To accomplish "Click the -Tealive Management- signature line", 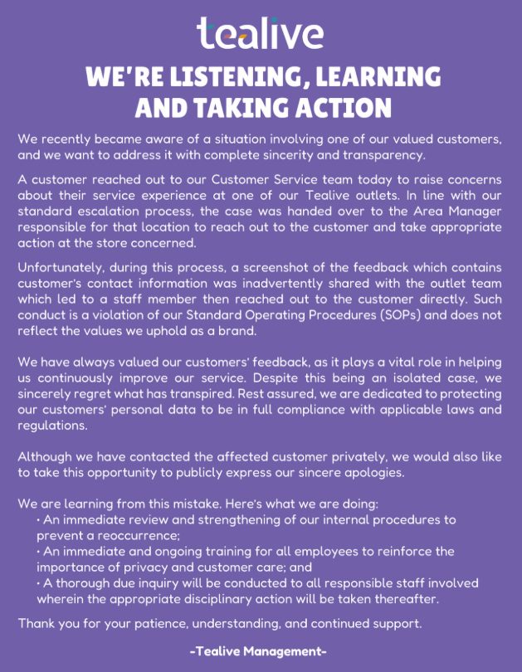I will (260, 652).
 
